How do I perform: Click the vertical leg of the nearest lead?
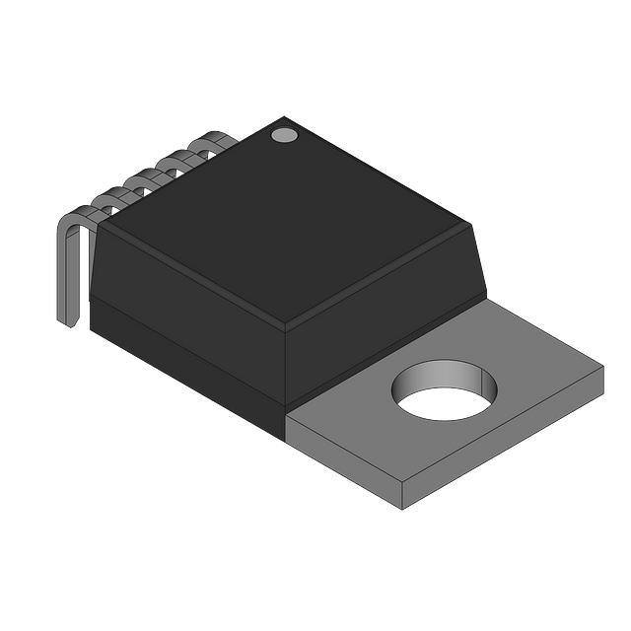[x=64, y=276]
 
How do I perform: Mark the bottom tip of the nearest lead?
[x=68, y=322]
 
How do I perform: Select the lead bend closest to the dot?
[x=212, y=142]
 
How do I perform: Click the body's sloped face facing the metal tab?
[x=385, y=296]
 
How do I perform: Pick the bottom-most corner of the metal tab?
[x=403, y=509]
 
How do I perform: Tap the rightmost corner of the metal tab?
[x=602, y=368]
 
